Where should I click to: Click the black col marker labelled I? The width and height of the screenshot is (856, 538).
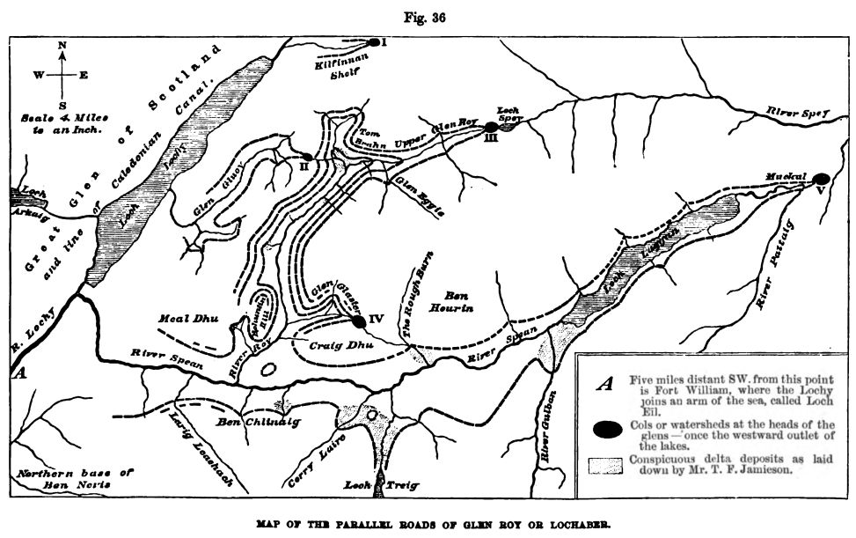374,42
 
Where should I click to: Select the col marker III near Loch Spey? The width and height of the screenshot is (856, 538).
491,127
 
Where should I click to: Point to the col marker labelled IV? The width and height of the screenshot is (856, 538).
359,321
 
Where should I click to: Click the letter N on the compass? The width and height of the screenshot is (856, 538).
62,45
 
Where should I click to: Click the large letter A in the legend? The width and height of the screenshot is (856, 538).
604,383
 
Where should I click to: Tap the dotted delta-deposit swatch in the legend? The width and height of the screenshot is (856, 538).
604,464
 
